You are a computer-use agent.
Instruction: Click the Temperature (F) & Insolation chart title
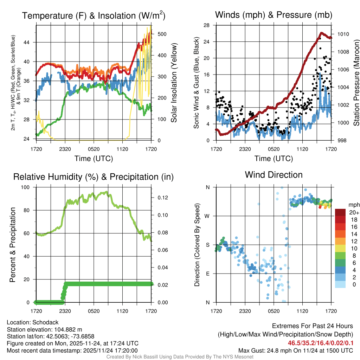tap(94, 15)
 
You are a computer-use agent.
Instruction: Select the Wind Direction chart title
tap(274, 175)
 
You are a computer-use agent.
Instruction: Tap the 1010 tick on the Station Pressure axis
tap(343, 34)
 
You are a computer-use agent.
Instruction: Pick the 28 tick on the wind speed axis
tap(207, 25)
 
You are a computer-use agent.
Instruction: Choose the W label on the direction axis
tap(208, 216)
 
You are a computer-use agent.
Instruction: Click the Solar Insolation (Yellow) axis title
tap(174, 83)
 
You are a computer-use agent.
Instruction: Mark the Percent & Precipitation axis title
tap(13, 245)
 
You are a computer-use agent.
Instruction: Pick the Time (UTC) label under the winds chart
tap(274, 159)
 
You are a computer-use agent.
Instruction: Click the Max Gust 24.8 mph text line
tap(295, 350)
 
